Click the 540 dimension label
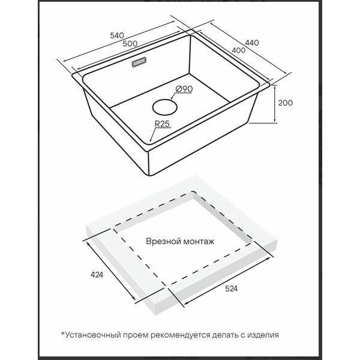pyautogui.click(x=117, y=35)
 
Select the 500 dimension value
pyautogui.click(x=130, y=43)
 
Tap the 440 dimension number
pyautogui.click(x=252, y=43)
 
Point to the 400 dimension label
pyautogui.click(x=239, y=50)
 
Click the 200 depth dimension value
pyautogui.click(x=286, y=103)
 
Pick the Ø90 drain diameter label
pyautogui.click(x=184, y=89)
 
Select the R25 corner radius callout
pyautogui.click(x=163, y=124)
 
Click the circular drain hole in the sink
pyautogui.click(x=165, y=107)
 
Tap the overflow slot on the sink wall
pyautogui.click(x=139, y=62)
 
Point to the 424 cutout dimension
pyautogui.click(x=97, y=275)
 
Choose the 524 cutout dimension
pyautogui.click(x=231, y=289)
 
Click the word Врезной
pyautogui.click(x=161, y=241)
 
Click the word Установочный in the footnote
pyautogui.click(x=93, y=335)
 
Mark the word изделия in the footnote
pyautogui.click(x=263, y=335)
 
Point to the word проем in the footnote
pyautogui.click(x=136, y=335)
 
